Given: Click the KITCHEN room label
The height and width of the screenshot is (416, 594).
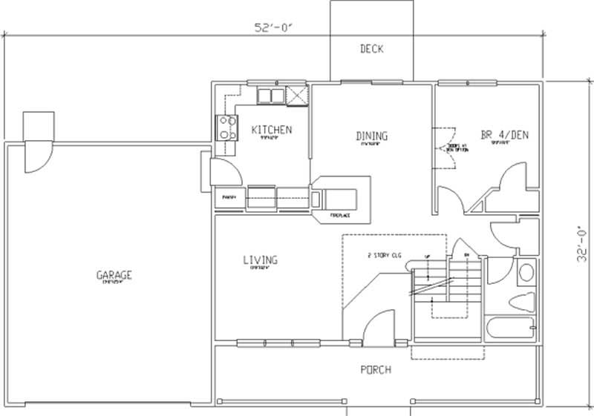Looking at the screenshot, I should (271, 130).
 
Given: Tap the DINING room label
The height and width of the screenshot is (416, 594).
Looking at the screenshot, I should (371, 136).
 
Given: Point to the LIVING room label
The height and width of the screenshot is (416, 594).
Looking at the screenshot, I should (260, 260).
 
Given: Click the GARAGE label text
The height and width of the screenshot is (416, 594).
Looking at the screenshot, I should (114, 275).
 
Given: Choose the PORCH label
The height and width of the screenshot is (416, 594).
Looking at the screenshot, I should (376, 369).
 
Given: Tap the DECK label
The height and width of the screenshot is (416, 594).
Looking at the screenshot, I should (371, 50).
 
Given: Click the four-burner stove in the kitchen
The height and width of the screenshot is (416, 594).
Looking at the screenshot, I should (226, 128).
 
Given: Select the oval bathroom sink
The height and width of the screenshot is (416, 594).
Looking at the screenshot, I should (526, 273).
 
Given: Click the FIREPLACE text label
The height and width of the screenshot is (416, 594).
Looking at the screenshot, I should (340, 217).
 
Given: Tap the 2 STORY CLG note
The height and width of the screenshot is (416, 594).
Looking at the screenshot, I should (384, 255).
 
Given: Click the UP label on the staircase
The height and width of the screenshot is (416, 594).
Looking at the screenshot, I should (426, 256).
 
